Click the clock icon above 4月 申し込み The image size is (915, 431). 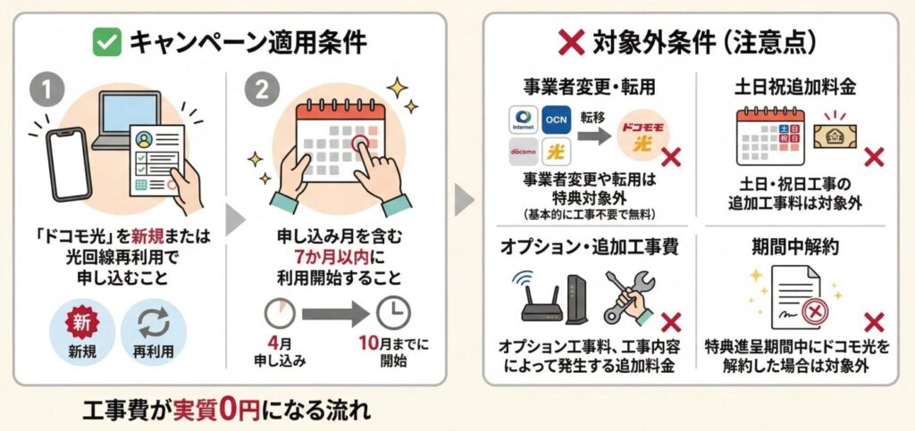281,312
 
